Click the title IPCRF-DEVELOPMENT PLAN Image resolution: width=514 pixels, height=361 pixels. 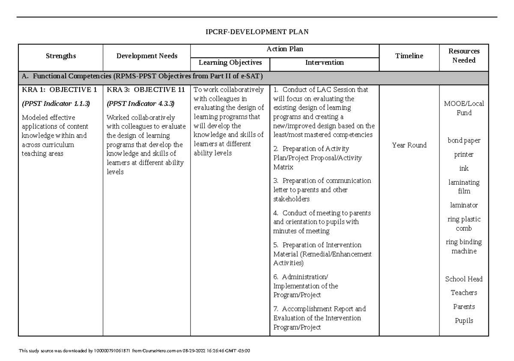(x=257, y=32)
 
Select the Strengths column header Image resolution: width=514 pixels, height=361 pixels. (x=60, y=56)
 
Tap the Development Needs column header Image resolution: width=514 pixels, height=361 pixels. (x=147, y=56)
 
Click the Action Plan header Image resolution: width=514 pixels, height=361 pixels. (x=285, y=49)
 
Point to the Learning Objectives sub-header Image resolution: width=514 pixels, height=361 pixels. (x=230, y=63)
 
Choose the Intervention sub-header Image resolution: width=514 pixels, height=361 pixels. (x=324, y=63)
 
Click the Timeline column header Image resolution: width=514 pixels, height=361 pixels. (x=409, y=56)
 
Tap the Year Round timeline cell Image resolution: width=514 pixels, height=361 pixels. (x=409, y=145)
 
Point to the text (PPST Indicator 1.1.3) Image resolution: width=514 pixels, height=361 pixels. (x=56, y=103)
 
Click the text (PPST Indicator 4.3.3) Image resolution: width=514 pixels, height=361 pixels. (x=140, y=103)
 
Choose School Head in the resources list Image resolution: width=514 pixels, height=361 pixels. (x=464, y=279)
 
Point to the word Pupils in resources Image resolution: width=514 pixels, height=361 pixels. (x=464, y=320)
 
